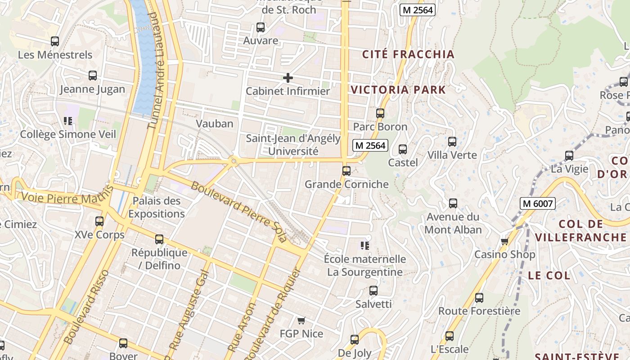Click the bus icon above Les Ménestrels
click(x=55, y=41)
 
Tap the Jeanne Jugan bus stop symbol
click(x=93, y=76)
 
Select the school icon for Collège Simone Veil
click(x=68, y=121)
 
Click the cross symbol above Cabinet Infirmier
click(x=288, y=78)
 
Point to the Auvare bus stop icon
click(x=261, y=27)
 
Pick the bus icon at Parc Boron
click(x=380, y=113)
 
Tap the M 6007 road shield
click(x=537, y=203)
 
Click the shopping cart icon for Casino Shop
click(x=504, y=242)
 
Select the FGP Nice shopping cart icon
click(x=301, y=320)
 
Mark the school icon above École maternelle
click(x=365, y=246)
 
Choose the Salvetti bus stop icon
click(x=373, y=291)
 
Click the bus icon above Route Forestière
click(x=479, y=297)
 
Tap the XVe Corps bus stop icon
click(x=99, y=221)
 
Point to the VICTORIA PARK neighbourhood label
click(x=398, y=90)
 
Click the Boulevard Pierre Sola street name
click(x=238, y=212)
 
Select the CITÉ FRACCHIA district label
click(x=409, y=54)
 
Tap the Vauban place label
click(x=215, y=124)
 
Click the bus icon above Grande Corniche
click(x=346, y=171)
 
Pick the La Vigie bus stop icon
click(x=569, y=156)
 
